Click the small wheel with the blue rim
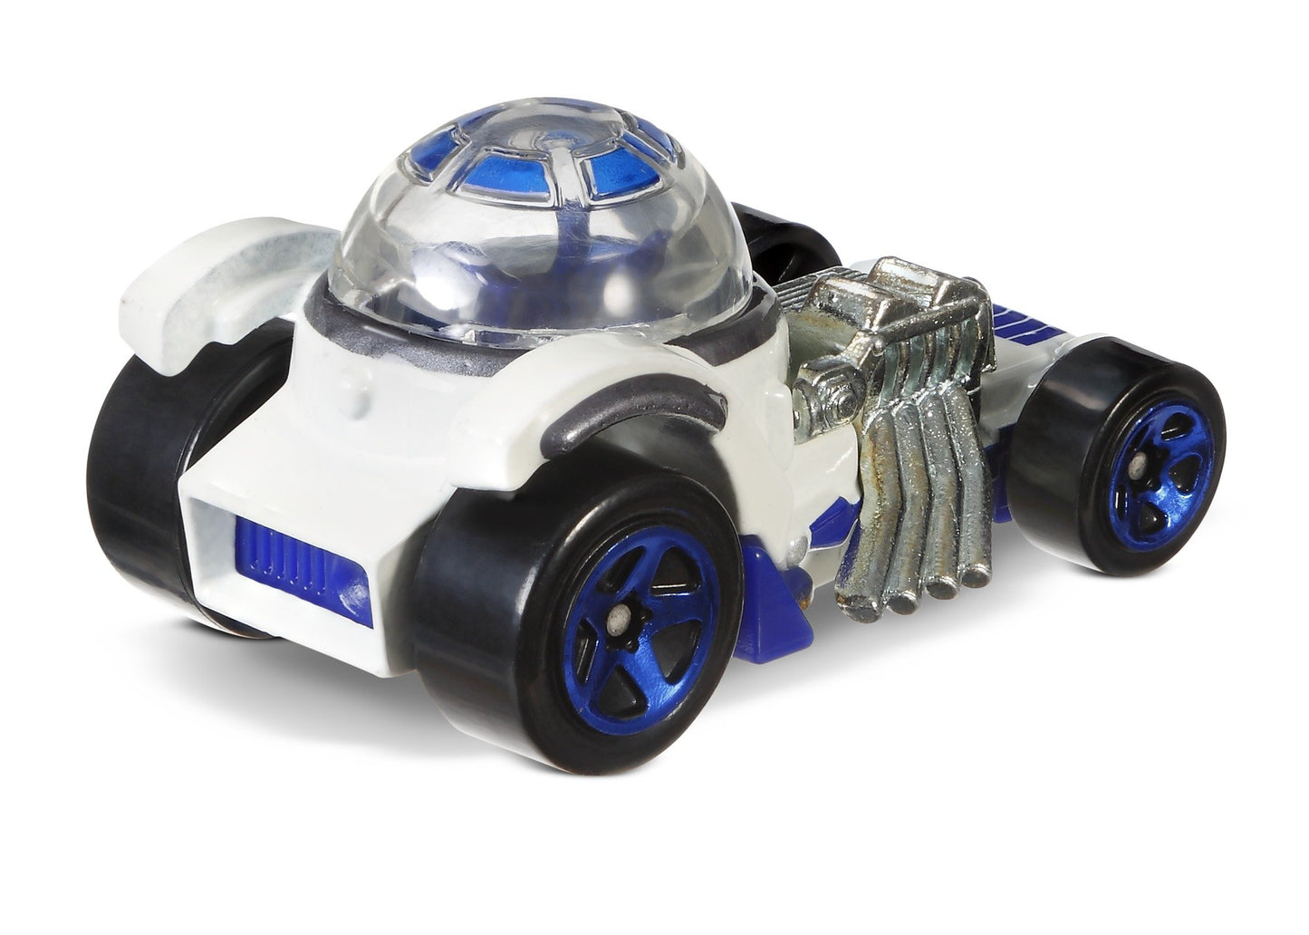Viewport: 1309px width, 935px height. tap(1119, 458)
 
